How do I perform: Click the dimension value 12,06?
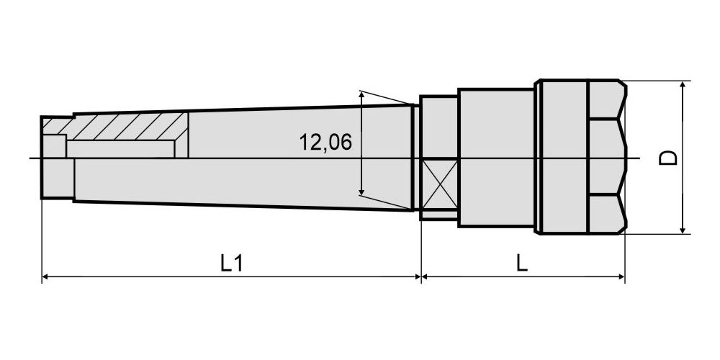click(x=325, y=143)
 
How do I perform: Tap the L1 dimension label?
click(x=231, y=263)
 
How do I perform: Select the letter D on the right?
click(x=668, y=158)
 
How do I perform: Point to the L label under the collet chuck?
click(x=521, y=263)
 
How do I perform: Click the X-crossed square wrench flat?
click(x=440, y=184)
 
